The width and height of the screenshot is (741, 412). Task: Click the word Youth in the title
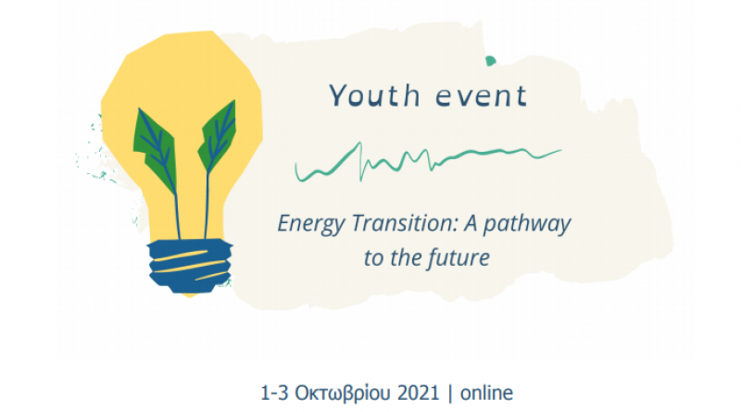374,95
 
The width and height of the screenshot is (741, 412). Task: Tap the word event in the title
481,96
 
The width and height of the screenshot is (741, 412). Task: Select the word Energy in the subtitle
311,224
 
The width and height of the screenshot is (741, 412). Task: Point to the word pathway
527,224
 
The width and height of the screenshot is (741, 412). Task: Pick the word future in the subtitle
458,258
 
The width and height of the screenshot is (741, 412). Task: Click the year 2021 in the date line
419,393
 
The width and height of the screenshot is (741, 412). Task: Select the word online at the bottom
487,393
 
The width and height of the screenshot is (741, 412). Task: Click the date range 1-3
274,393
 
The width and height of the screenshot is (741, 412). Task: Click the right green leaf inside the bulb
217,136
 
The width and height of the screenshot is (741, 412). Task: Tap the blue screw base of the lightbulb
190,266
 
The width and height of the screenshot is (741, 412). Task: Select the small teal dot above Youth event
491,60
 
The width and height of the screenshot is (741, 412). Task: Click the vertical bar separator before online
450,393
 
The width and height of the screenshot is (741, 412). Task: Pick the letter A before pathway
471,223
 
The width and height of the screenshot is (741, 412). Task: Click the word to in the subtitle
374,259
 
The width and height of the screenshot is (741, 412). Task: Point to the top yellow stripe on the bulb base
180,256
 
